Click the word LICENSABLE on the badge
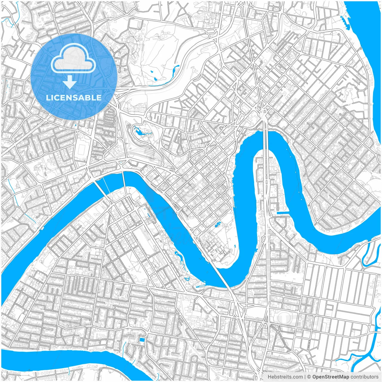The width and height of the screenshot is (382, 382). (x=74, y=98)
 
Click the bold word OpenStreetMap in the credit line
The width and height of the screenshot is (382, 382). (x=331, y=377)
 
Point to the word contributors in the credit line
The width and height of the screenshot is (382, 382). (x=364, y=377)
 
